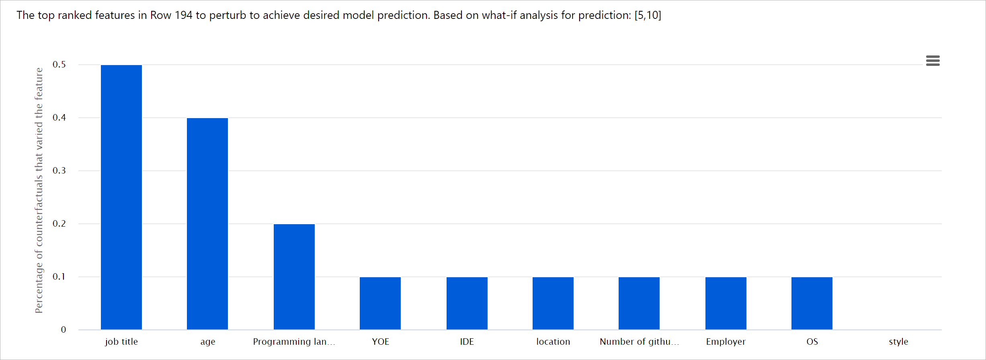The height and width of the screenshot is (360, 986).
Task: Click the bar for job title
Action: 121,197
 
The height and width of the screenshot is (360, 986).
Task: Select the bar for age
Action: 207,223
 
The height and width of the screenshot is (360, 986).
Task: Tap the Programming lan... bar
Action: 294,276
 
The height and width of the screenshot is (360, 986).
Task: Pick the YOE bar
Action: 380,303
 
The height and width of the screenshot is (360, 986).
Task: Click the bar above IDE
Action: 467,303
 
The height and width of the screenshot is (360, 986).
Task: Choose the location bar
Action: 553,303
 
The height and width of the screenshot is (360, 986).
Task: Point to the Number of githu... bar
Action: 639,303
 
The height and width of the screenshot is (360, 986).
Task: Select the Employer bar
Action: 726,303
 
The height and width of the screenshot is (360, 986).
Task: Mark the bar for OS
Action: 812,303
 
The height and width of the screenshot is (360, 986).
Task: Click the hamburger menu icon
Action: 933,61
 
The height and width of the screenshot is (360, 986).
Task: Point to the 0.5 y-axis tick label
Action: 59,65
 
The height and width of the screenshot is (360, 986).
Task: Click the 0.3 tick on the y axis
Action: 59,171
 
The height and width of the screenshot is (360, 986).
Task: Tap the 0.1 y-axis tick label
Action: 59,277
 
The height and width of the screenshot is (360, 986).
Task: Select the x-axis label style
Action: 898,342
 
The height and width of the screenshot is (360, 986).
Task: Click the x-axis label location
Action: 553,342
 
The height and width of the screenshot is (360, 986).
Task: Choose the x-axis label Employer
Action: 726,342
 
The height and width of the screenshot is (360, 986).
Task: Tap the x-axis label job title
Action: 121,342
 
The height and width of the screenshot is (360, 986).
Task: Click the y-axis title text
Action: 39,190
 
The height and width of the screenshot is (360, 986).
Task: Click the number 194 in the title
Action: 183,15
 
